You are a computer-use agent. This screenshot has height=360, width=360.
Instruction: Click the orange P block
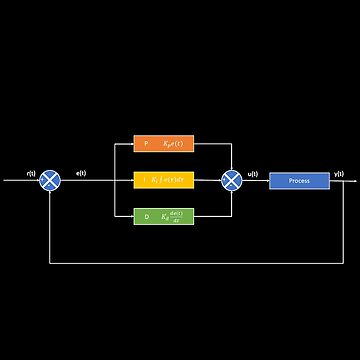(163, 145)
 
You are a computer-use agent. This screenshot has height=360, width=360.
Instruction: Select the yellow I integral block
(163, 180)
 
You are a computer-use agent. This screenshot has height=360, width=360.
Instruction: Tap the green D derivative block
(163, 216)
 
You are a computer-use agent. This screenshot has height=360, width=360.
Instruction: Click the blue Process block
(299, 181)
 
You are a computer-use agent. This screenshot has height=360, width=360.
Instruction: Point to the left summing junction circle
(49, 180)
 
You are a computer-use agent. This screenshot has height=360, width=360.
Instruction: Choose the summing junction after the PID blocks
(231, 180)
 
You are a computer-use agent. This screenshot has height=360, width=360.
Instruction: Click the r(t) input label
(31, 173)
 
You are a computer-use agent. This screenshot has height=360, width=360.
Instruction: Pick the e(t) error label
(80, 173)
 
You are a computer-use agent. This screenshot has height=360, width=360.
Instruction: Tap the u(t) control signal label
(252, 173)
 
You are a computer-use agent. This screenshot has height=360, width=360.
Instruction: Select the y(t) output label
(339, 173)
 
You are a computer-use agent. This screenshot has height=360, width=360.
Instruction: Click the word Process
(299, 181)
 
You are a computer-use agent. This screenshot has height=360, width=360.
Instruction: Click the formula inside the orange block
(173, 145)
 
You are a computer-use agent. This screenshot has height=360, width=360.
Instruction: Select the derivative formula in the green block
(173, 216)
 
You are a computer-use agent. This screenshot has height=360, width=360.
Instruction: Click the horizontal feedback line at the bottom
(190, 263)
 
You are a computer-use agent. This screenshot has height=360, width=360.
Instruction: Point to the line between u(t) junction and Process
(255, 181)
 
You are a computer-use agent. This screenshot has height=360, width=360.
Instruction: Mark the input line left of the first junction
(20, 181)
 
